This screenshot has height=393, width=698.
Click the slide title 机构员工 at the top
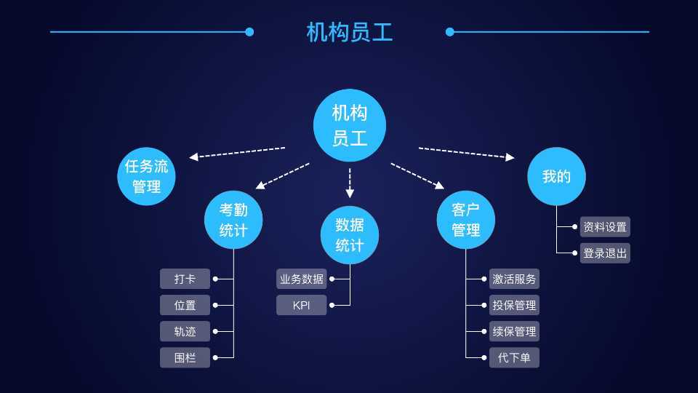[349, 32]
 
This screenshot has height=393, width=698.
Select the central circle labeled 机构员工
[349, 125]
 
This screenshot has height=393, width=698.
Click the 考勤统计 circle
[233, 220]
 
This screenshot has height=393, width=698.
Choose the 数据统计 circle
[350, 234]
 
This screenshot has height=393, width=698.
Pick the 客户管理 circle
[466, 220]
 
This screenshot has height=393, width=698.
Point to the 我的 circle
[556, 176]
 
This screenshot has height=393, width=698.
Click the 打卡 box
[185, 279]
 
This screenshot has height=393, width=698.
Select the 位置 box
[185, 305]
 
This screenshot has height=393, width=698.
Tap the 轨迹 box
[185, 331]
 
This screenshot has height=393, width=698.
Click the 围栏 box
[185, 357]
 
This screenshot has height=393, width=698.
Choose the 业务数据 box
[301, 279]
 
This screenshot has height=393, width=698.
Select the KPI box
[301, 305]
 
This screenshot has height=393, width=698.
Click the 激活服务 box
[514, 279]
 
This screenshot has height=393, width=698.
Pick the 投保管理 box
[514, 305]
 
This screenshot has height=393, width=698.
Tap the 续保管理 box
[514, 331]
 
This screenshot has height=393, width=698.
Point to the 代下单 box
[514, 357]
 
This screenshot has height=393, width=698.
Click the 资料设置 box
[605, 226]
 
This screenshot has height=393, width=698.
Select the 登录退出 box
[605, 253]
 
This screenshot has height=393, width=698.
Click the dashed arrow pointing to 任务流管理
[236, 152]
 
